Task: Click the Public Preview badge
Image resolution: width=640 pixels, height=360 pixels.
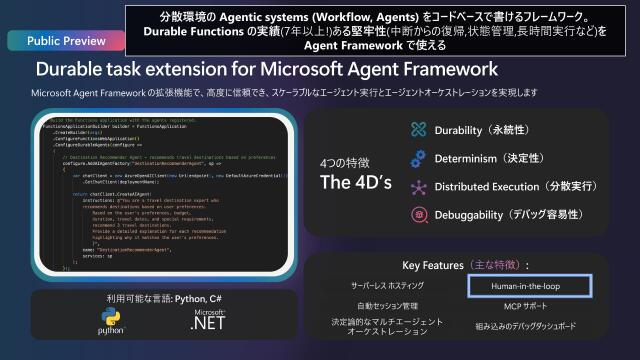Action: [59, 42]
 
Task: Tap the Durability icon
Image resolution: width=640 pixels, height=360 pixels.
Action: [418, 130]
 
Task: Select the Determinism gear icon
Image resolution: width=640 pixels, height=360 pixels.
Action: [418, 158]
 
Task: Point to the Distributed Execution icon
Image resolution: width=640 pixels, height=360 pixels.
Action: [418, 187]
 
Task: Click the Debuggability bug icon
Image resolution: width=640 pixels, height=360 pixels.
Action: [418, 215]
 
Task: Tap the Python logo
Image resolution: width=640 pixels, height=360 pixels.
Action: [110, 321]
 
